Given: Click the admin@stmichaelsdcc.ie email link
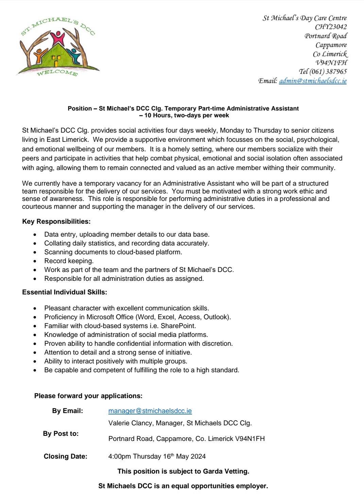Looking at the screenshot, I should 313,81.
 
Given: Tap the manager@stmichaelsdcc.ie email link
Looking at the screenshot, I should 150,411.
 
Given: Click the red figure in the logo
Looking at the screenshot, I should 58,38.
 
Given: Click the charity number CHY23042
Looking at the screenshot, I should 331,27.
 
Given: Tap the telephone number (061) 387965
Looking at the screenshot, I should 328,72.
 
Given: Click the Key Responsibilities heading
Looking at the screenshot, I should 56,222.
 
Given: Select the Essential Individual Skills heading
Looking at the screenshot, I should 65,292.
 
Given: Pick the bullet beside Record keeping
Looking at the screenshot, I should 35,261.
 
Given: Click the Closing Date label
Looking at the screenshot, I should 66,457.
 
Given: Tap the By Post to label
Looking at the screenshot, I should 61,434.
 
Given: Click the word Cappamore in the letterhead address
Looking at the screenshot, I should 331,45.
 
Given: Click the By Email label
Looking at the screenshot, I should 68,411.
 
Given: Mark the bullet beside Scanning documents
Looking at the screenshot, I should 35,253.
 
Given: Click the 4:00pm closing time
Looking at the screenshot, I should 119,457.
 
